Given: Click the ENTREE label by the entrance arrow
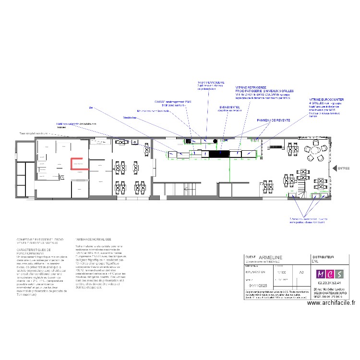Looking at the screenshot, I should coord(344,168).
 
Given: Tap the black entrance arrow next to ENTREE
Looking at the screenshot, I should coord(335,168).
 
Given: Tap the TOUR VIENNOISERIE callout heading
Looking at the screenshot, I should coord(211,83).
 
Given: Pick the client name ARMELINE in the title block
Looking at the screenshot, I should coord(270,258).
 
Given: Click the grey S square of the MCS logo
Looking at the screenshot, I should coord(339,274).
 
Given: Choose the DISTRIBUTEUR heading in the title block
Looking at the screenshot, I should coord(323,257).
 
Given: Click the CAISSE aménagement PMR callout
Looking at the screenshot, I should coord(173,102).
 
